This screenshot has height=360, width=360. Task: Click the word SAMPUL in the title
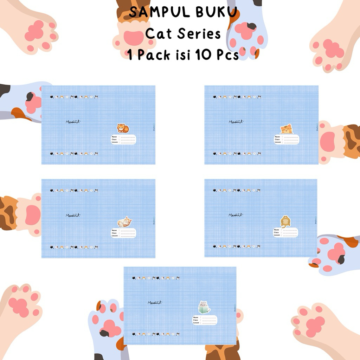[154, 12]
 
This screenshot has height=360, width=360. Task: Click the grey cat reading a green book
[204, 308]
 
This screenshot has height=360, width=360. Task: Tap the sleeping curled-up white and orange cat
[124, 222]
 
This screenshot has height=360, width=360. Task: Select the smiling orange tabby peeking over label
[286, 129]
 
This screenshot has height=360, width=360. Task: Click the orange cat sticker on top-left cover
[123, 128]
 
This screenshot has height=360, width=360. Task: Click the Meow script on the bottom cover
[155, 302]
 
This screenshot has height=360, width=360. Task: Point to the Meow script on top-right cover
[236, 122]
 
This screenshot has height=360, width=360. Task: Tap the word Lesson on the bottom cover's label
[196, 323]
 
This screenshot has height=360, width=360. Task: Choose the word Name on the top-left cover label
[114, 136]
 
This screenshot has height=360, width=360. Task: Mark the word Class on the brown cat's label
[277, 232]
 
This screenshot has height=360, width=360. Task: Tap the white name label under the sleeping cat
[123, 233]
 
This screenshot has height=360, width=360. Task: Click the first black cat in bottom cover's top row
[134, 278]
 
